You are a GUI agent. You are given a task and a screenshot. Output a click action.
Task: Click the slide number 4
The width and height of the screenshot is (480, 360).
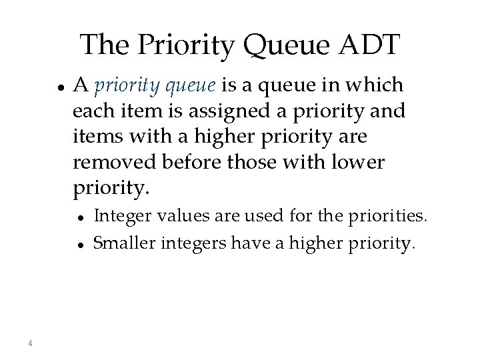(31, 343)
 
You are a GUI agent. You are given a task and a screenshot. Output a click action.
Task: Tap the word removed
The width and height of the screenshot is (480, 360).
(106, 163)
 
